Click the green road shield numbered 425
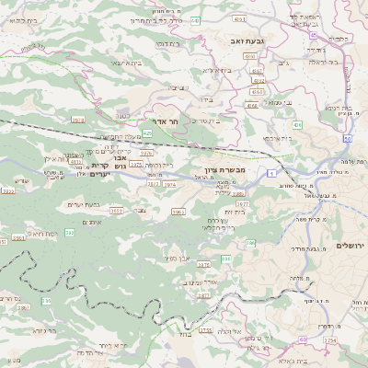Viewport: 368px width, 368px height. tap(174, 133)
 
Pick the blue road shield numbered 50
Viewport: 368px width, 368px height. tap(347, 139)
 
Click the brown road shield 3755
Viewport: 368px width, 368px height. tap(206, 329)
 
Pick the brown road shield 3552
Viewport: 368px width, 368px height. tap(117, 211)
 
